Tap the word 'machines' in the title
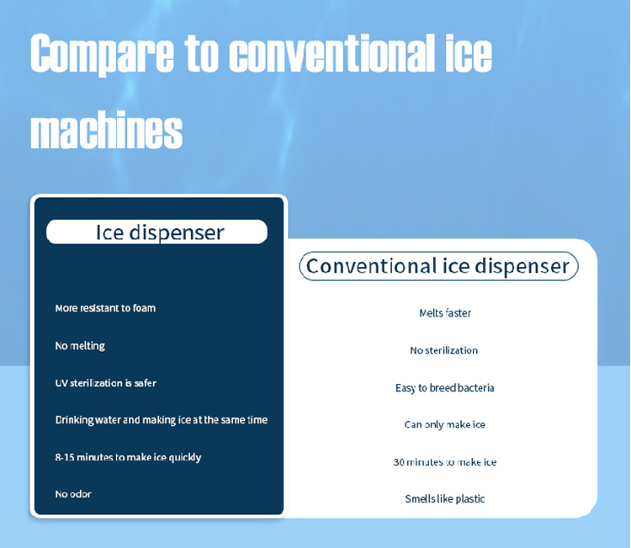[106, 130]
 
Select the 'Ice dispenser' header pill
[157, 232]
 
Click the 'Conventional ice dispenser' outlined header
[438, 266]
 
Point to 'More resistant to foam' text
[105, 308]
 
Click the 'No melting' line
[80, 346]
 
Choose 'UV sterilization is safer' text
[106, 383]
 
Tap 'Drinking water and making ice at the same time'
[162, 420]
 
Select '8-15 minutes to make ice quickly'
[128, 457]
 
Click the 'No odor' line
[73, 494]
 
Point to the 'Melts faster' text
[445, 313]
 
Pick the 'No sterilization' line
[444, 350]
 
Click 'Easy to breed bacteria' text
[444, 388]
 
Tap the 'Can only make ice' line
[444, 425]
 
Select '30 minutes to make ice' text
[445, 462]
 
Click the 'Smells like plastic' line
[445, 499]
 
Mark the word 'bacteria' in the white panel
[475, 388]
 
